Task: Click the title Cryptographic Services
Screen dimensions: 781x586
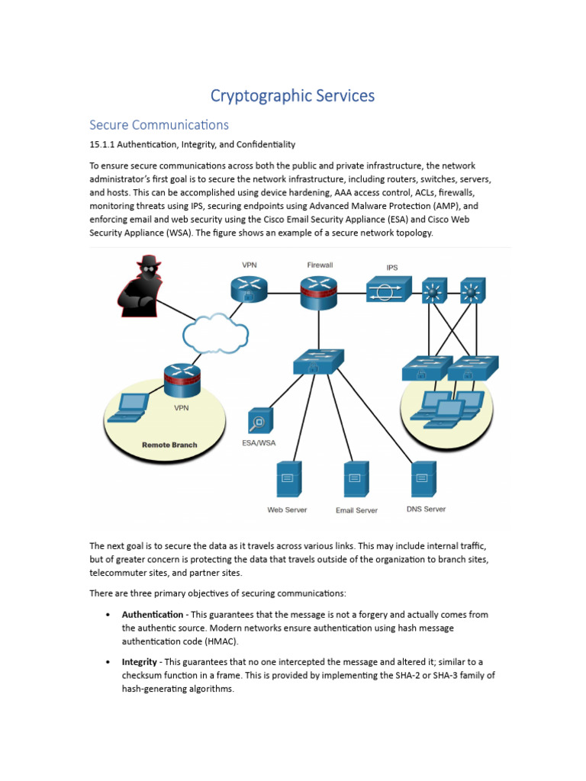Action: (292, 96)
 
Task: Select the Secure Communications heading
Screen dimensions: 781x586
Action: (159, 124)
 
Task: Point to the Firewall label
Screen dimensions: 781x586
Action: (320, 265)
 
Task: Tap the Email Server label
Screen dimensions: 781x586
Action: (356, 510)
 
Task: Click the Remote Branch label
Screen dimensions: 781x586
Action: (169, 445)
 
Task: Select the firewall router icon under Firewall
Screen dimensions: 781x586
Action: (319, 291)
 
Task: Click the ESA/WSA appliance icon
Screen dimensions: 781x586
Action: (259, 420)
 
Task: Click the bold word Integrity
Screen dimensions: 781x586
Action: (140, 661)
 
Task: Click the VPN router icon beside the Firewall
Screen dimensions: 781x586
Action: (250, 288)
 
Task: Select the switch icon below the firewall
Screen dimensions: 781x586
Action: (318, 362)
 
